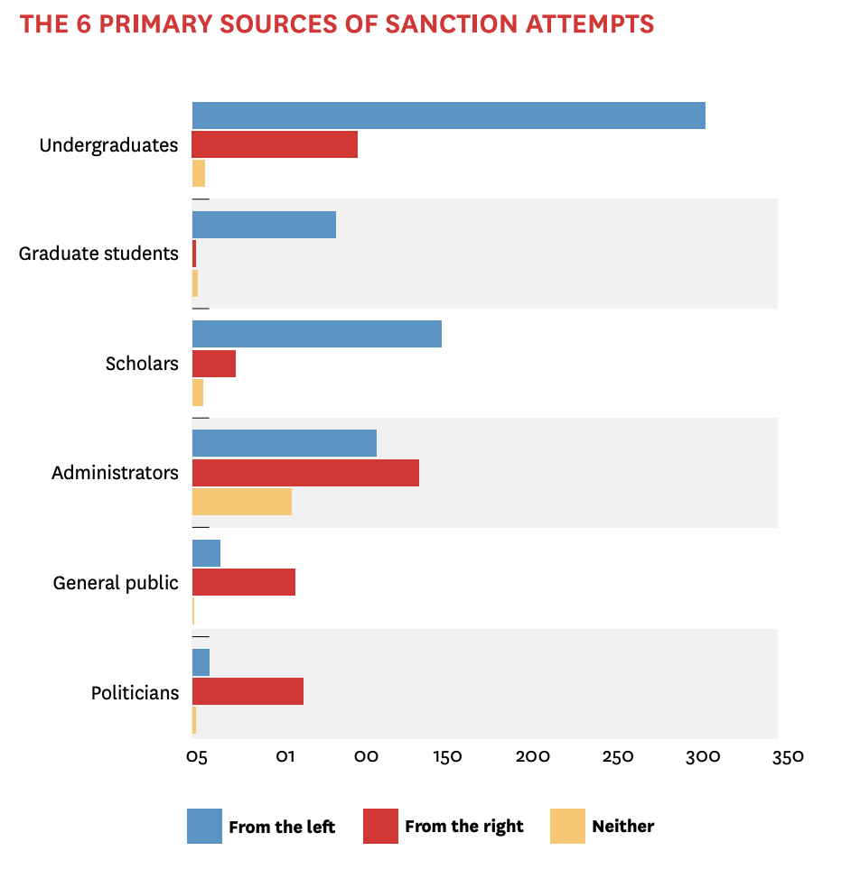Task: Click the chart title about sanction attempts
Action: tap(337, 24)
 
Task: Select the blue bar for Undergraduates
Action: tap(448, 116)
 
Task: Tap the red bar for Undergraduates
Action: tap(275, 144)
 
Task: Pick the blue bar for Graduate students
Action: tap(264, 225)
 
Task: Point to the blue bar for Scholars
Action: tap(316, 334)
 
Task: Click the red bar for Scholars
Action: tap(214, 364)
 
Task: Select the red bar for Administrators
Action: tap(305, 473)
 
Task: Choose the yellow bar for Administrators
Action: tap(241, 502)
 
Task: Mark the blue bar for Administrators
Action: tap(284, 443)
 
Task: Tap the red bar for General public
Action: tap(244, 582)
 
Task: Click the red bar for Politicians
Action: tap(248, 692)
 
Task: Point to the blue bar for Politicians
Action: tap(201, 662)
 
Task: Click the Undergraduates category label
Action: tap(108, 144)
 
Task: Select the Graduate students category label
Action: tap(98, 254)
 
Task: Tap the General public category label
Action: tap(116, 583)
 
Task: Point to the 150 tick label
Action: tap(447, 756)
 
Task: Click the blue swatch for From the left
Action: tap(204, 826)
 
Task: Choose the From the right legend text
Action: tap(464, 826)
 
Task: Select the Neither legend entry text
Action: tap(623, 826)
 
